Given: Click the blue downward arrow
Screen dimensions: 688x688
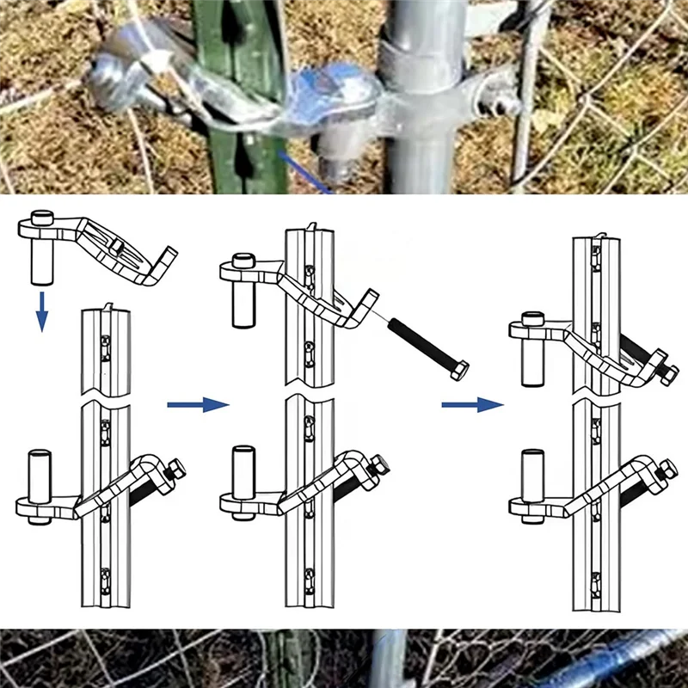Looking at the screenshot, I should click(40, 310).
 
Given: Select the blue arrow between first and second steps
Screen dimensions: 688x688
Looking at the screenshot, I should click(199, 404).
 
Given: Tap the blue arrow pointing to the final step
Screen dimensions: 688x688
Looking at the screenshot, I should click(472, 404).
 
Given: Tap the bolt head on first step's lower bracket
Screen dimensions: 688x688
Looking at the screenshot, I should click(176, 470).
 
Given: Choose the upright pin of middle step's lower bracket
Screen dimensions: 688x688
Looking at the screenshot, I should click(243, 472).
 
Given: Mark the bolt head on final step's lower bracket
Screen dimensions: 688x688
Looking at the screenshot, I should click(666, 469).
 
